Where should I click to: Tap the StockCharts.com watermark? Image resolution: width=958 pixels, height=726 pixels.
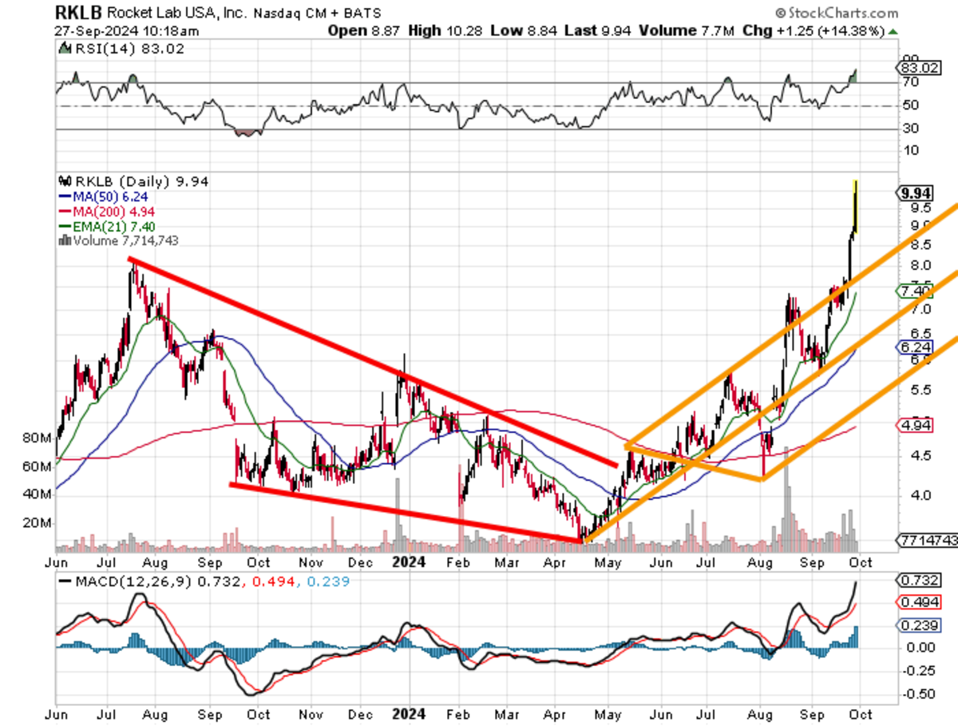(x=837, y=12)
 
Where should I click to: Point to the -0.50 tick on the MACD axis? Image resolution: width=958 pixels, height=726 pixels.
(x=916, y=693)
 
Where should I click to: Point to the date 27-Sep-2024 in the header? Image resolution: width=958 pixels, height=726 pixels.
(x=96, y=31)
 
